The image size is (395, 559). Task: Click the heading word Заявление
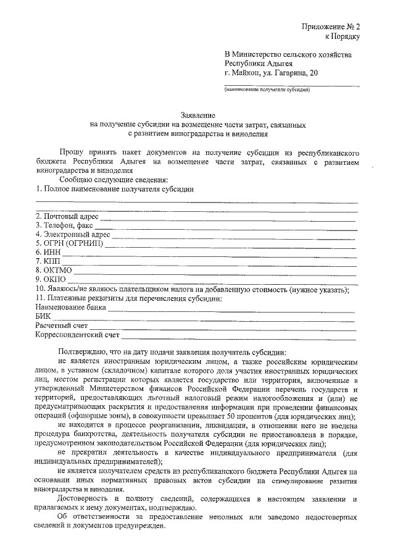197,116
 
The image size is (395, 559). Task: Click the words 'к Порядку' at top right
341,36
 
